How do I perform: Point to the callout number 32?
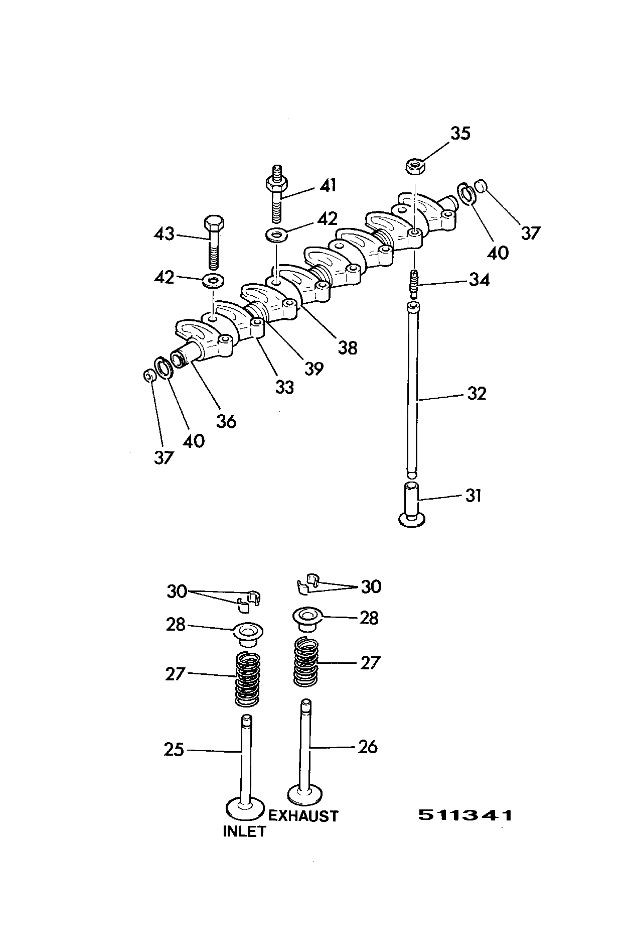coord(476,393)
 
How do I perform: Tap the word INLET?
coord(244,832)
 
